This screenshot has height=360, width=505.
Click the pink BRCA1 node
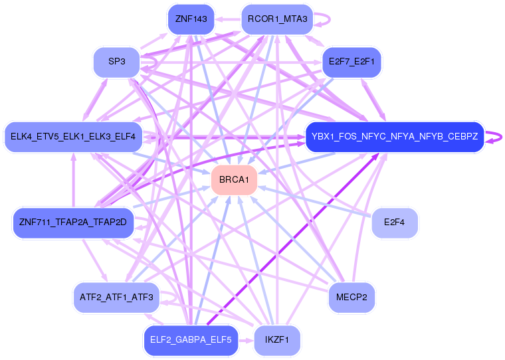[x=234, y=181]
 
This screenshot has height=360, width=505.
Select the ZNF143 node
[x=191, y=19]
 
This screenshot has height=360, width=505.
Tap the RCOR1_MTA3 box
[x=276, y=19]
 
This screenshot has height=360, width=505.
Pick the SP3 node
[x=116, y=62]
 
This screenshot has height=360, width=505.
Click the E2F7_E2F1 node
[x=352, y=62]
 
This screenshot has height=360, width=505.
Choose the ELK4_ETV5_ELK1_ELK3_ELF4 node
[x=73, y=137]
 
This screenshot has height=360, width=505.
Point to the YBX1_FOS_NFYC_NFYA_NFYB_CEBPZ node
[x=394, y=137]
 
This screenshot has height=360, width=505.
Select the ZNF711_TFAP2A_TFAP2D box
[x=73, y=222]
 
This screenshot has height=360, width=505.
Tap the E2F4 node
[x=395, y=222]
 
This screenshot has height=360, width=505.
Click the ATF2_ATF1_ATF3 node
[x=116, y=297]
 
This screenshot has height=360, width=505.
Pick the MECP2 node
[x=352, y=297]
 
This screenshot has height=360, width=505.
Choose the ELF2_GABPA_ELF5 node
[x=191, y=340]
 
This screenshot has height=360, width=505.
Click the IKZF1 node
[x=276, y=340]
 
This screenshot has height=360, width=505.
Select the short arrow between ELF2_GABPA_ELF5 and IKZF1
[x=245, y=340]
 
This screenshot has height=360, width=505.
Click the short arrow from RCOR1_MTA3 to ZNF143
[x=227, y=19]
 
